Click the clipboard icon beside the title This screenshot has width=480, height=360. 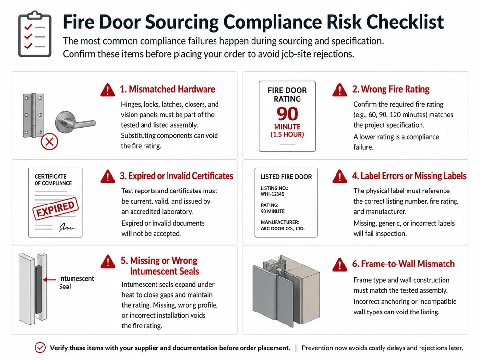pyautogui.click(x=35, y=34)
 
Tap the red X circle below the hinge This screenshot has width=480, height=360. pyautogui.click(x=49, y=142)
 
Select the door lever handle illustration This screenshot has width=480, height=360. pyautogui.click(x=75, y=122)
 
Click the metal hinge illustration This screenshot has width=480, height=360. pyautogui.click(x=33, y=115)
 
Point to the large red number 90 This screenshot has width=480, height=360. pyautogui.click(x=287, y=114)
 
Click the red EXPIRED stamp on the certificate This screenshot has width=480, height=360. pyautogui.click(x=55, y=209)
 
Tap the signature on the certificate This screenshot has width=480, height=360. pyautogui.click(x=67, y=227)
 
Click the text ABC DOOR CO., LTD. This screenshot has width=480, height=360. pyautogui.click(x=283, y=228)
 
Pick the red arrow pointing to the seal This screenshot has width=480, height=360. pyautogui.click(x=49, y=279)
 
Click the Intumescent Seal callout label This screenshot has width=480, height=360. pyautogui.click(x=76, y=283)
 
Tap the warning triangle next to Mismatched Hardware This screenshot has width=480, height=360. pyautogui.click(x=108, y=90)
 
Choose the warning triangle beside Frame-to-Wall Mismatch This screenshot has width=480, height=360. pyautogui.click(x=340, y=264)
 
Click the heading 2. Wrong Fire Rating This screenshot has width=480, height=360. pyautogui.click(x=391, y=89)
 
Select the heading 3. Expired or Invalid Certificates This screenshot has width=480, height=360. pyautogui.click(x=176, y=176)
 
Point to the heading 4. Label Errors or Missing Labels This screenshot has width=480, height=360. pyautogui.click(x=409, y=176)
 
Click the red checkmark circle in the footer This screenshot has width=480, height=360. pyautogui.click(x=40, y=348)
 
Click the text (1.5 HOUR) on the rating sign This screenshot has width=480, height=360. pyautogui.click(x=287, y=135)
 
